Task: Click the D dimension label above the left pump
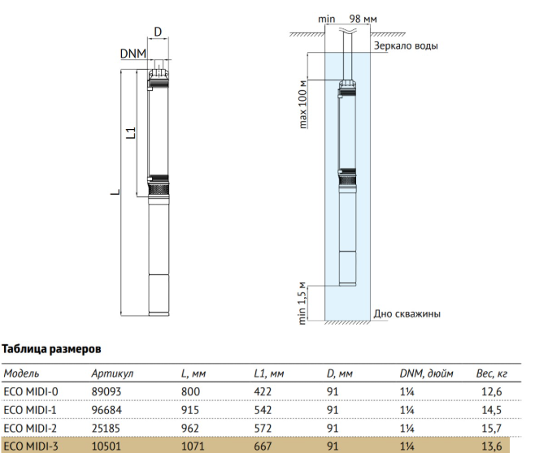[158, 32]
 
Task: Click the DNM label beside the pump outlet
[133, 54]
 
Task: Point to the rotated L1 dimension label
[132, 133]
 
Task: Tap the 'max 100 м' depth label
[302, 104]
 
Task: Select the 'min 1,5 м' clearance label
[302, 304]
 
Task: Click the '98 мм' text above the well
[363, 19]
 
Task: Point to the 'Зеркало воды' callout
[406, 45]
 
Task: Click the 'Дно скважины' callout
[407, 313]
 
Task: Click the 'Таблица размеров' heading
[51, 349]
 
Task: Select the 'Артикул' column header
[112, 373]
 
